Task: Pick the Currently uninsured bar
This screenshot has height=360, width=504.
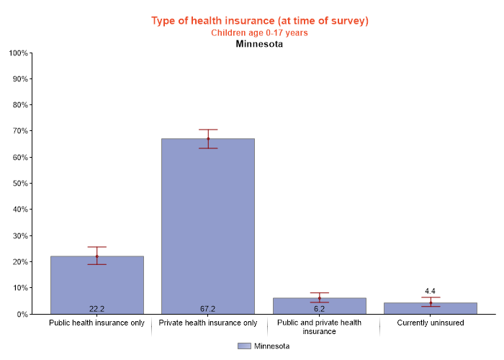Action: pyautogui.click(x=431, y=308)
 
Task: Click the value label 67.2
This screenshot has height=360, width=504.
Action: pyautogui.click(x=207, y=309)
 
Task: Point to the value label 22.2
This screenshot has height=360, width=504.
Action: pyautogui.click(x=96, y=309)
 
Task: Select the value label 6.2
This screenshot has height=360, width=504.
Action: pyautogui.click(x=319, y=309)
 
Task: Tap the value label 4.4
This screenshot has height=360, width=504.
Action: pyautogui.click(x=431, y=292)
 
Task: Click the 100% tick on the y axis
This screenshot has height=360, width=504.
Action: pyautogui.click(x=18, y=53)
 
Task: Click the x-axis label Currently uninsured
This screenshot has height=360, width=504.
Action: pyautogui.click(x=431, y=323)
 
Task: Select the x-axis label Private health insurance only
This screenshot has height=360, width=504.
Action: pyautogui.click(x=207, y=323)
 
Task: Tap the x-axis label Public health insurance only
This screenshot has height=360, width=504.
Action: pyautogui.click(x=96, y=323)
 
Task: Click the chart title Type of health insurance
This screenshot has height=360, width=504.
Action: pyautogui.click(x=259, y=20)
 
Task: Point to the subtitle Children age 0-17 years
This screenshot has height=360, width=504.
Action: pyautogui.click(x=259, y=32)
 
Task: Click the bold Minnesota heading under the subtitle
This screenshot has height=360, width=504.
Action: pyautogui.click(x=259, y=44)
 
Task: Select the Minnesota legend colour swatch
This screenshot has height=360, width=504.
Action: pyautogui.click(x=243, y=346)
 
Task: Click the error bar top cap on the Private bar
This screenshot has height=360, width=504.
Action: pyautogui.click(x=207, y=130)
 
